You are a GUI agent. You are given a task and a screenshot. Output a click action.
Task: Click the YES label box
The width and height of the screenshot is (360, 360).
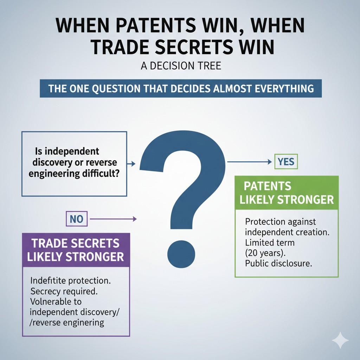tap(286, 162)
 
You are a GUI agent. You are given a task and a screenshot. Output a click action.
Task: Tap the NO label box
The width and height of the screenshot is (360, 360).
tap(77, 219)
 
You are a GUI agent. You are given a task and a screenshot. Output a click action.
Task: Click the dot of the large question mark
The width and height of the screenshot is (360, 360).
tap(181, 254)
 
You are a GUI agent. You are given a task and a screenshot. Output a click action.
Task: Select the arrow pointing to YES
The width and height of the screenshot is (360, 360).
tap(250, 162)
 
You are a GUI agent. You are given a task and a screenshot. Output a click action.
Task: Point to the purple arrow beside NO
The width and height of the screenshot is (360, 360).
tap(113, 219)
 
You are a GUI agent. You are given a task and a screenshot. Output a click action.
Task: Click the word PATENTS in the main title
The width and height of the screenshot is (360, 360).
tap(156, 25)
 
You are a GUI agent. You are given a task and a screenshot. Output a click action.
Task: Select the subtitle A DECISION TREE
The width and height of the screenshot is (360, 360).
tap(181, 66)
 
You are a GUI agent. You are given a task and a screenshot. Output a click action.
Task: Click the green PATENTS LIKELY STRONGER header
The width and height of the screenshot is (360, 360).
tap(287, 193)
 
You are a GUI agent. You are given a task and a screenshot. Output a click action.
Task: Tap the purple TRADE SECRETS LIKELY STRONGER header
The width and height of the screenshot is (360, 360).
tap(76, 250)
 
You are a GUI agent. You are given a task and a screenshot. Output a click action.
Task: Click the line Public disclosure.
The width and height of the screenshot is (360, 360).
tap(278, 263)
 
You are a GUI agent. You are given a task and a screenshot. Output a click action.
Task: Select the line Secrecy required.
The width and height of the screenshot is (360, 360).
tap(64, 291)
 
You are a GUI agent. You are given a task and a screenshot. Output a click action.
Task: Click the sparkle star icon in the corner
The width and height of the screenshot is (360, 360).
tap(340, 340)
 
